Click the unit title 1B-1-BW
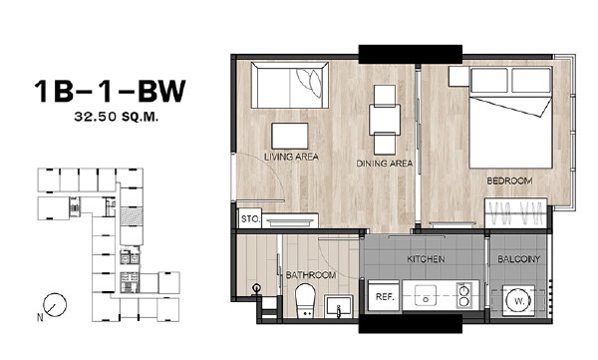[110, 91]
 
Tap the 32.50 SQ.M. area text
[117, 117]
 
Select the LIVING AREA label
[291, 157]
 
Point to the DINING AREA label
[385, 164]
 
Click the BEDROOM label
[509, 180]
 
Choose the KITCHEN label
[426, 259]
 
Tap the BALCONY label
[519, 259]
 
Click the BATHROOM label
[311, 275]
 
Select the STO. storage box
[250, 218]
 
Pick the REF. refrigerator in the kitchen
[384, 296]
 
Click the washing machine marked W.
[519, 301]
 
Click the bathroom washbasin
[338, 306]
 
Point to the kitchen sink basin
[426, 296]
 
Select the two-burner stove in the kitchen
[464, 296]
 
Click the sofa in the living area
[290, 85]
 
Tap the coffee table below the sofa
[290, 136]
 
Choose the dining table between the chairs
[385, 120]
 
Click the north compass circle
[55, 304]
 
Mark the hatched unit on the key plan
[132, 216]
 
